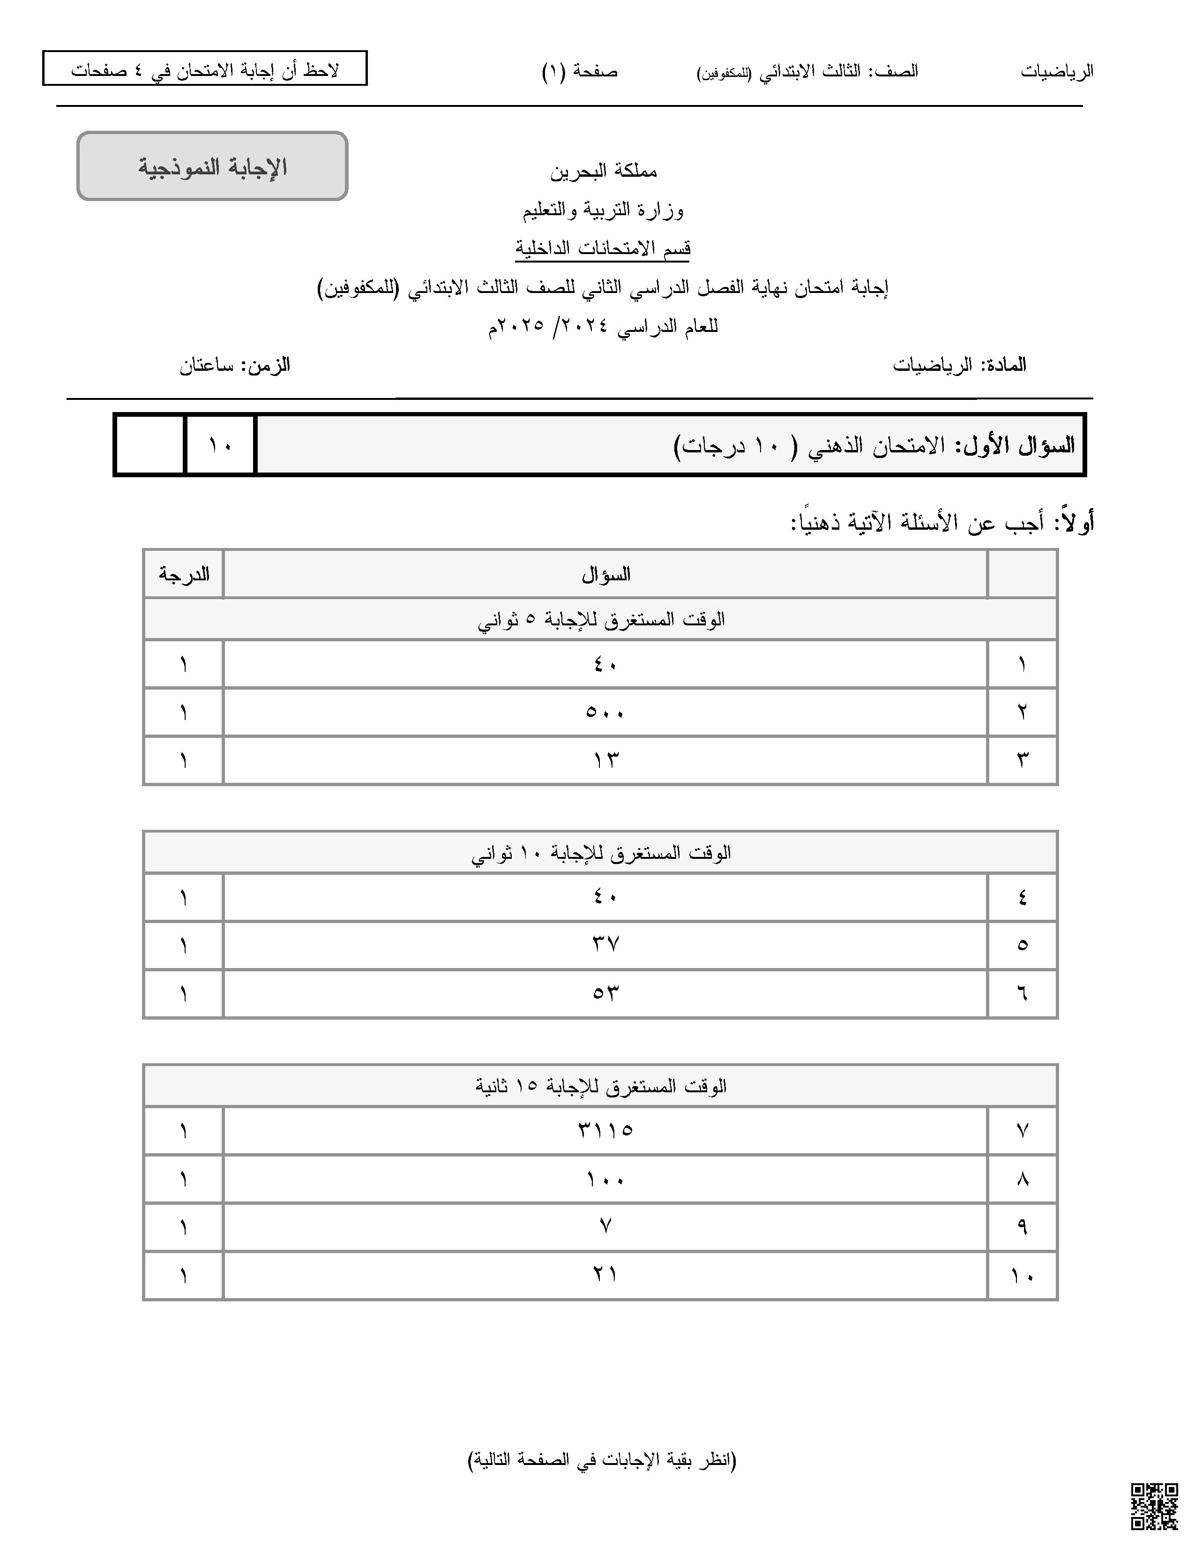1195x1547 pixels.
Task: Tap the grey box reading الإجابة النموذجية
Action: (212, 166)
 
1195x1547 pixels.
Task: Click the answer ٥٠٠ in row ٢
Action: (605, 712)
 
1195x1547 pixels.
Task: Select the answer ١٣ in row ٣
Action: (606, 760)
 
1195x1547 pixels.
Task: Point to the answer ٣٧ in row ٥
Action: (606, 944)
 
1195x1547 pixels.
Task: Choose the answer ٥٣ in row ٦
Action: (606, 993)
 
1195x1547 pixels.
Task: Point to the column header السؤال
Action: (606, 574)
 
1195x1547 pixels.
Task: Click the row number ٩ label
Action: (1022, 1227)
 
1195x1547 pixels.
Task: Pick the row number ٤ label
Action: (1022, 897)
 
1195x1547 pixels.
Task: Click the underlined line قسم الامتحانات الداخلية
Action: (603, 248)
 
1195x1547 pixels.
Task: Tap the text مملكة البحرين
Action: (604, 171)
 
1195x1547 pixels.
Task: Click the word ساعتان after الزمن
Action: (206, 366)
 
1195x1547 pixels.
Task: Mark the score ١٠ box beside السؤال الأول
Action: (220, 445)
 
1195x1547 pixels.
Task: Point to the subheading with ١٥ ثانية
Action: (601, 1086)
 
